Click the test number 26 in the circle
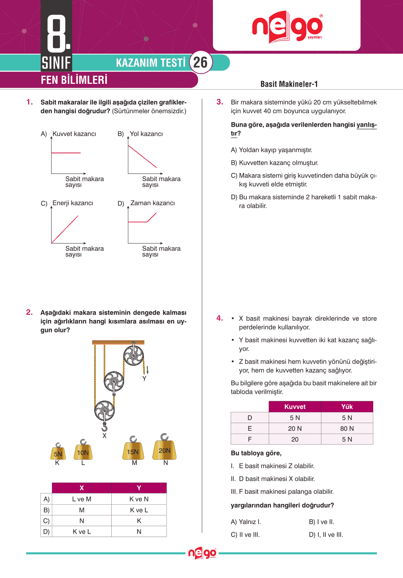point(200,63)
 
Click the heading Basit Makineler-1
point(289,84)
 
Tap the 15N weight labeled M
point(133,451)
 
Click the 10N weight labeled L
point(83,451)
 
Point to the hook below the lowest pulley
point(104,427)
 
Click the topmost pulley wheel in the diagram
point(133,355)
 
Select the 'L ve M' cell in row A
point(82,499)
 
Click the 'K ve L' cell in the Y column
point(139,510)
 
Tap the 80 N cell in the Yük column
point(347,429)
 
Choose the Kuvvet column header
point(295,407)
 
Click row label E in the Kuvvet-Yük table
point(250,429)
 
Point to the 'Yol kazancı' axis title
point(146,134)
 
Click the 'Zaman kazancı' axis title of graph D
point(152,203)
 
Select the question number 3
point(219,102)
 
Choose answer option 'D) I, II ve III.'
point(326,534)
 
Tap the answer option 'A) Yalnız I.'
point(246,522)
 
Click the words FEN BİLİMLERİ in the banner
point(74,80)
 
